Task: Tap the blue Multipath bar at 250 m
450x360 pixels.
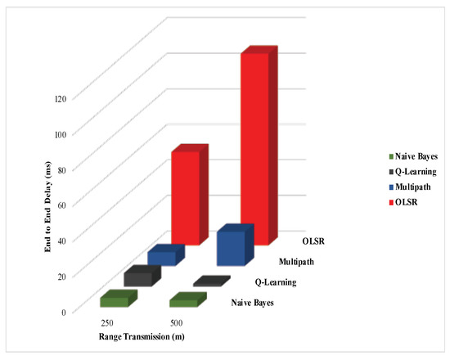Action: (x=161, y=258)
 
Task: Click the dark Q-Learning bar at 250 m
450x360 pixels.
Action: (x=137, y=278)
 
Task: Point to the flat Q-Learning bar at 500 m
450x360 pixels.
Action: (x=210, y=281)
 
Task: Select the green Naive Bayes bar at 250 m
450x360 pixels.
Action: (x=114, y=300)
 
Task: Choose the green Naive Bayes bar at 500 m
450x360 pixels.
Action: (x=184, y=301)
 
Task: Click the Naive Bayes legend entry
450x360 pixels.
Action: (x=416, y=156)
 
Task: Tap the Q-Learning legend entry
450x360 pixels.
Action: (x=415, y=172)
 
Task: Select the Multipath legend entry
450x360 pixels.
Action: (x=415, y=187)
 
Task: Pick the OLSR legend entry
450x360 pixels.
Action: (x=407, y=203)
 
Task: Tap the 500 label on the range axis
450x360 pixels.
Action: (x=176, y=323)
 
